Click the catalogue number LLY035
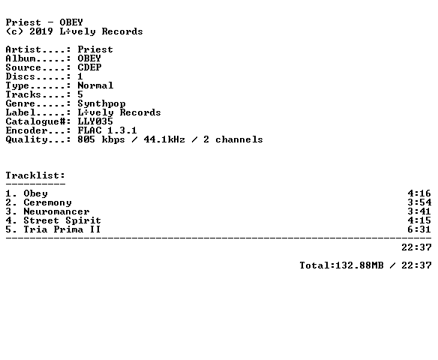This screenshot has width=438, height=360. coord(95,121)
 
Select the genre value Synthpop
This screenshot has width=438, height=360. coord(101,104)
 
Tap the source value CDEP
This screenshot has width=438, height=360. coord(89,67)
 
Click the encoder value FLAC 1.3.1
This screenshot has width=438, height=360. coord(107,130)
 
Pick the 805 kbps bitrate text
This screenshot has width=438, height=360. coord(101,139)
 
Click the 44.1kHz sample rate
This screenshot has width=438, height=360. coord(164,139)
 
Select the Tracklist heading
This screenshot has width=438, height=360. coord(35,175)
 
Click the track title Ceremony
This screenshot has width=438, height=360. coord(47,202)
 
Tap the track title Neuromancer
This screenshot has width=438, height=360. coord(56,211)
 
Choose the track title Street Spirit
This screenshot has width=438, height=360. coord(62,220)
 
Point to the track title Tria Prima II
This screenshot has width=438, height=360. coord(61,229)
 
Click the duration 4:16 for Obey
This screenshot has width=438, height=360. coord(419,193)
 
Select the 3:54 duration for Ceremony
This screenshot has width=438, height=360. coord(419,202)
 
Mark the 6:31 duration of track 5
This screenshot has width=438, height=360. coord(419,229)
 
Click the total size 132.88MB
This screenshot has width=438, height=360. coord(359,265)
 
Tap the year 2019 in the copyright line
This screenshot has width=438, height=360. coord(41,31)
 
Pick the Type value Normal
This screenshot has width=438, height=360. coord(95,85)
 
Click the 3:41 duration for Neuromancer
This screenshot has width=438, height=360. coord(419,211)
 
